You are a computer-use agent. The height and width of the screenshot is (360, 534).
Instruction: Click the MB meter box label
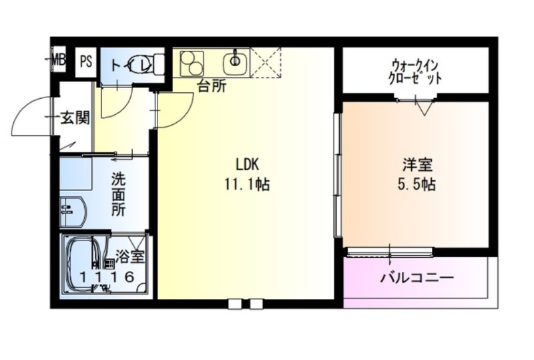[x=59, y=61]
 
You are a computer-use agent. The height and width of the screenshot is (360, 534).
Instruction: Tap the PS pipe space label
[x=86, y=61]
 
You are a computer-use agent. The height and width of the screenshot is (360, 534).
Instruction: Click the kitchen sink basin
[x=235, y=62]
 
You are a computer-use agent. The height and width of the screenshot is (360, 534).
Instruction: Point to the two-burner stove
[x=192, y=63]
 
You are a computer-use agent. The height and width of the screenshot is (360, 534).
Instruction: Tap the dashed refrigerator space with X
[x=266, y=63]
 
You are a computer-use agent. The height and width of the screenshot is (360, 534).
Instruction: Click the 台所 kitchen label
[x=212, y=87]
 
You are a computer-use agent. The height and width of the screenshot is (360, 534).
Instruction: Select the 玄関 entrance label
[x=75, y=118]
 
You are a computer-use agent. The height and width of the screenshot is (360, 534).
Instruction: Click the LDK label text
[x=248, y=165]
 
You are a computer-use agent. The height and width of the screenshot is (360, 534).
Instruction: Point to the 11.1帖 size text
[x=247, y=184]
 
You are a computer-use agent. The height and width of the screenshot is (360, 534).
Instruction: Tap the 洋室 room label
[x=418, y=165]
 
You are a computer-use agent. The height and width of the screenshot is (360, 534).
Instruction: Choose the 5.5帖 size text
[x=417, y=184]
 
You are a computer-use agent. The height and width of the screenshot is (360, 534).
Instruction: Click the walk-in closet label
[x=415, y=72]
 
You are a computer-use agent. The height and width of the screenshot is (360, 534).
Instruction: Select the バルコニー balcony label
[x=417, y=278]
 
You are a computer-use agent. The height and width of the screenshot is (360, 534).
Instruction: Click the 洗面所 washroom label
[x=119, y=194]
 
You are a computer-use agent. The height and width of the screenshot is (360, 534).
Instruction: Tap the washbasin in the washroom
[x=73, y=211]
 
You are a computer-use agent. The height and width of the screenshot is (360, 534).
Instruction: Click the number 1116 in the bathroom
[x=107, y=277]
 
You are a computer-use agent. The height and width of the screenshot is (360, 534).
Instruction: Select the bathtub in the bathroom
[x=81, y=265]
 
